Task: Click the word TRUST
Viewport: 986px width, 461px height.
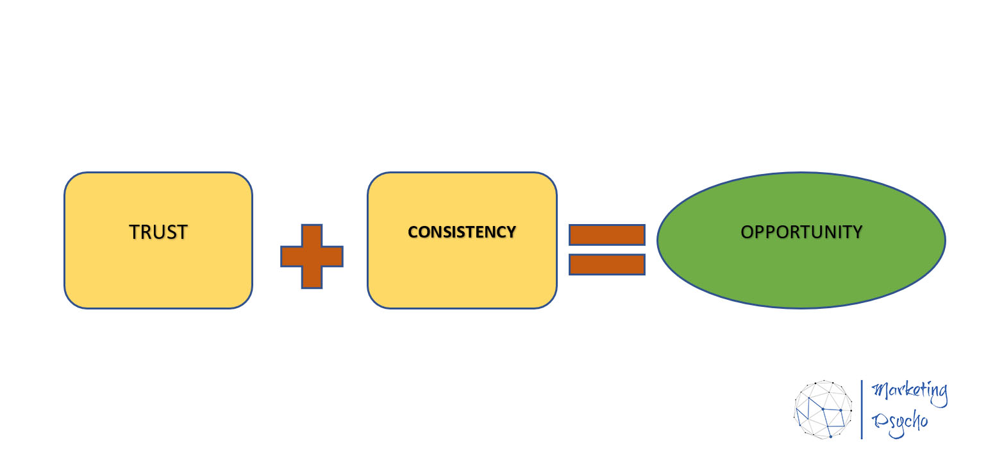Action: (158, 232)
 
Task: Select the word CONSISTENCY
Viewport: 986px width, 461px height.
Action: (462, 232)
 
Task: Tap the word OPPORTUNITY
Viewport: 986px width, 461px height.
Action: (801, 232)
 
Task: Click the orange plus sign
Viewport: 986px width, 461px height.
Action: (312, 256)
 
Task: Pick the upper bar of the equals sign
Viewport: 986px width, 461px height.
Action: (606, 234)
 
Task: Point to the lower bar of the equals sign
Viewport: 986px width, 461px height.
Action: (606, 264)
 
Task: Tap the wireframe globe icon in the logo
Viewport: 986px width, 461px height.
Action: (823, 410)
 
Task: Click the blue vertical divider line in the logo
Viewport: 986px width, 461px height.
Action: (862, 410)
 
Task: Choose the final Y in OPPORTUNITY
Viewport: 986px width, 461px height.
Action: (857, 232)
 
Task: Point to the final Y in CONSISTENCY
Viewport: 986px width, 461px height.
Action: (511, 232)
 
